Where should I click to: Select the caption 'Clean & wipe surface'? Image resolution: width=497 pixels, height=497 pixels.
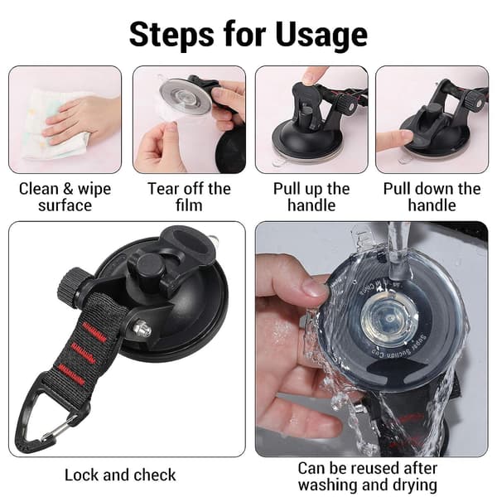coord(65,197)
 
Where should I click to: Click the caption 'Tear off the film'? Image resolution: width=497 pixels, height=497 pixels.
coord(189,197)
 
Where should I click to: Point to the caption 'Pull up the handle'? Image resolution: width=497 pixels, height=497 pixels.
coord(311,197)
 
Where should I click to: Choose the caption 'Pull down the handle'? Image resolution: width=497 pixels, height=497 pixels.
coord(432,197)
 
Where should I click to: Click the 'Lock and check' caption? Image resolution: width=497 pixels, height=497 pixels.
coord(120,475)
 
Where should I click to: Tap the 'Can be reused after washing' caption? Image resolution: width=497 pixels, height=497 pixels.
coord(368,476)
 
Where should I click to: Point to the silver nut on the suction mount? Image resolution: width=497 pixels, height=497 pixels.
coord(142,328)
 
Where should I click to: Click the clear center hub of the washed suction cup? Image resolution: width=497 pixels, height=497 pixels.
coord(388,319)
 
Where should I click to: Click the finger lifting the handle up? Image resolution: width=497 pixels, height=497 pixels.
coord(311,75)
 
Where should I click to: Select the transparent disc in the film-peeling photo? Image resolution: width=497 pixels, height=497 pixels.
coord(185,95)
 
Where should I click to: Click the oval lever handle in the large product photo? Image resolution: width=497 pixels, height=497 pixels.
coord(187,241)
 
